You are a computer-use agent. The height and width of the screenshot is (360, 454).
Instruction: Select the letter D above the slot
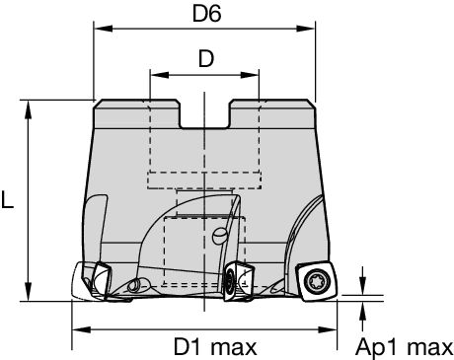pyautogui.click(x=205, y=59)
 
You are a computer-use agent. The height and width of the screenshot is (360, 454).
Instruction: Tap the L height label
pyautogui.click(x=9, y=200)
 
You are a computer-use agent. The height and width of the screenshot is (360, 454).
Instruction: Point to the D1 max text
pyautogui.click(x=215, y=346)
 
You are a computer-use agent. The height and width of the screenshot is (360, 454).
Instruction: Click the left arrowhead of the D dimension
pyautogui.click(x=155, y=74)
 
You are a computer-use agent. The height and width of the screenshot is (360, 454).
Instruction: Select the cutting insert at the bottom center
pyautogui.click(x=238, y=280)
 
